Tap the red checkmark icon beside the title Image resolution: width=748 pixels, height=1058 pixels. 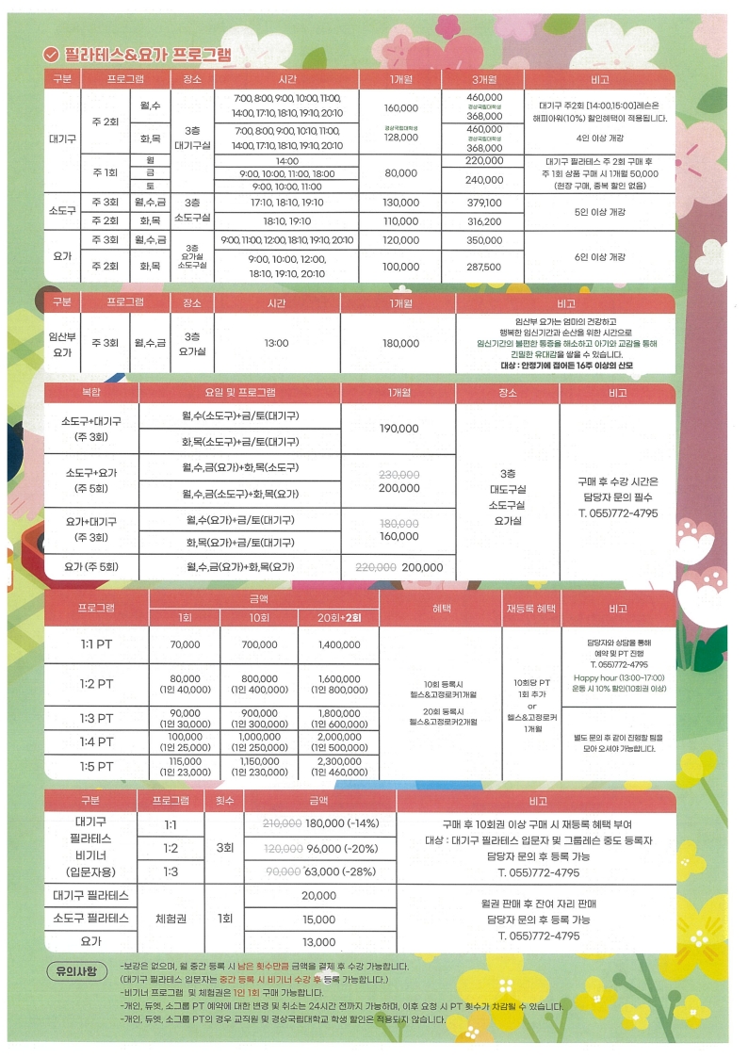point(52,54)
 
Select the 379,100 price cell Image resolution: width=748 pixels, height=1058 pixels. point(484,203)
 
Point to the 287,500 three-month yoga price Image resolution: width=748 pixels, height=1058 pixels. point(484,268)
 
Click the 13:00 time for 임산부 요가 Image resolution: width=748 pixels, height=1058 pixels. point(276,343)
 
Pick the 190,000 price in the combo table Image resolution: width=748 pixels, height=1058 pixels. point(398,428)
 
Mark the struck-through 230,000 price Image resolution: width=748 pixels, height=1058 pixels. point(398,475)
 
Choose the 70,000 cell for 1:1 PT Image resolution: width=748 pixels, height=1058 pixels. point(185,644)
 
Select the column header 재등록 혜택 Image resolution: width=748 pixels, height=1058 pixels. point(530,609)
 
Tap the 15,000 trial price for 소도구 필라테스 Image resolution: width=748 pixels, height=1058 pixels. point(318,920)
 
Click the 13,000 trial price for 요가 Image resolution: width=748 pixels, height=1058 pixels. point(318,942)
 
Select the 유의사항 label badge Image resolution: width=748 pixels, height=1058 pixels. point(78,970)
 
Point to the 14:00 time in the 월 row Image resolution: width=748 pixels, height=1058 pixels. point(286,161)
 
